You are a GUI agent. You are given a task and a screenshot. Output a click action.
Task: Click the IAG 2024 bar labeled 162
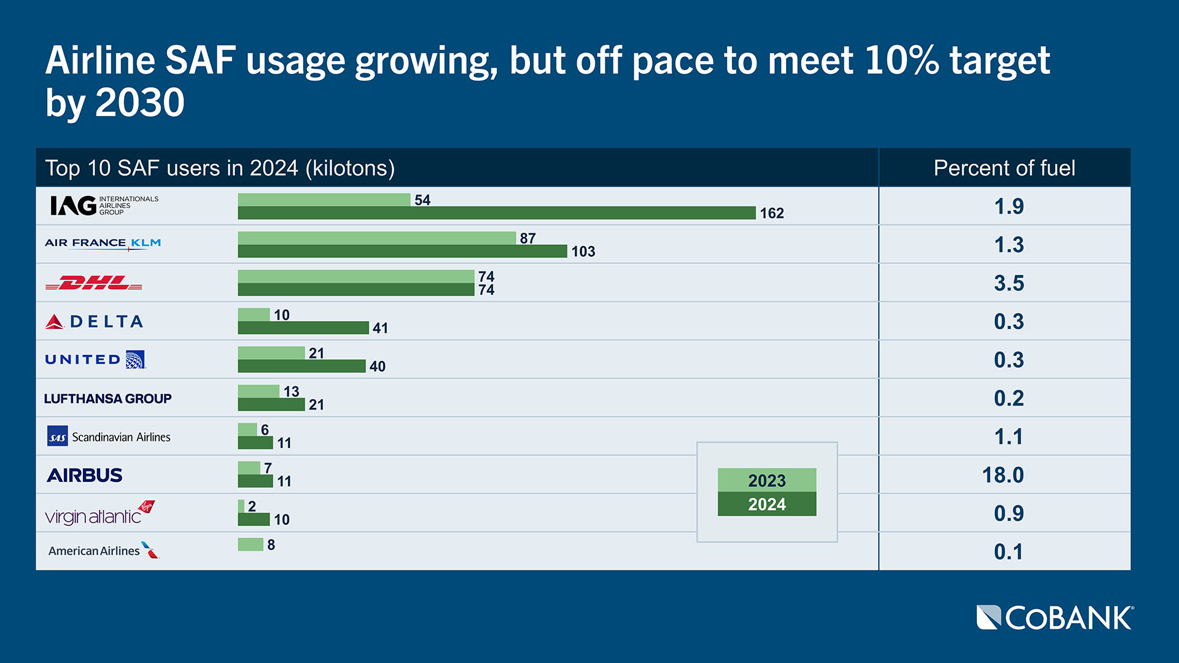pyautogui.click(x=496, y=213)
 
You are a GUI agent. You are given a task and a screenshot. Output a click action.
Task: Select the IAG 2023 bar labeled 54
pyautogui.click(x=324, y=200)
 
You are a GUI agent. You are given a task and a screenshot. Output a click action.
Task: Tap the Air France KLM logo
pyautogui.click(x=103, y=244)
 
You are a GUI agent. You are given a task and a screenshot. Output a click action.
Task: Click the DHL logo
pyautogui.click(x=94, y=283)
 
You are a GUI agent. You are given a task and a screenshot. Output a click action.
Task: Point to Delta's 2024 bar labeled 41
pyautogui.click(x=303, y=328)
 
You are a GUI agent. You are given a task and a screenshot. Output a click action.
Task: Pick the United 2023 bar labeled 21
pyautogui.click(x=271, y=353)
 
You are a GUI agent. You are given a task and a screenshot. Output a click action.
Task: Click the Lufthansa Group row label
pyautogui.click(x=107, y=398)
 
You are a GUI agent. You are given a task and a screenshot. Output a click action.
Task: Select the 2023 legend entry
pyautogui.click(x=766, y=480)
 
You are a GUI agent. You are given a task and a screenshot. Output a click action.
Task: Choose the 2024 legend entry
pyautogui.click(x=766, y=504)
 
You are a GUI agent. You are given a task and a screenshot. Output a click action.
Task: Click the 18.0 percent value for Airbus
pyautogui.click(x=1003, y=475)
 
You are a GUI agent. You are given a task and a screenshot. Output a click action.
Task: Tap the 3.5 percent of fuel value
pyautogui.click(x=1009, y=283)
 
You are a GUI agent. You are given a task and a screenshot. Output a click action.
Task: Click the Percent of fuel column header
pyautogui.click(x=1004, y=168)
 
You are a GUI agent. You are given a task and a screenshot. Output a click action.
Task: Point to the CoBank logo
pyautogui.click(x=1054, y=618)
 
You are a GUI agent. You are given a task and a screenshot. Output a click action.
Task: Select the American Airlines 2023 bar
pyautogui.click(x=251, y=545)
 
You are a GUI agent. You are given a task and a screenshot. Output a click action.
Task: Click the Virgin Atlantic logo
pyautogui.click(x=99, y=513)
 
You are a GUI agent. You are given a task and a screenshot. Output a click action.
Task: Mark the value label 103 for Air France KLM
pyautogui.click(x=583, y=252)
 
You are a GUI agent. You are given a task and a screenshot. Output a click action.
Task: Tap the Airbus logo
pyautogui.click(x=85, y=475)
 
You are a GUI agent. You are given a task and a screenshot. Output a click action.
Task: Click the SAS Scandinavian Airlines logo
pyautogui.click(x=109, y=436)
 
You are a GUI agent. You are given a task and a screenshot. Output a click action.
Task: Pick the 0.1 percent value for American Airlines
pyautogui.click(x=1008, y=552)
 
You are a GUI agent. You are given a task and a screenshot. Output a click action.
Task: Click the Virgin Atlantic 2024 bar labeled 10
pyautogui.click(x=254, y=519)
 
